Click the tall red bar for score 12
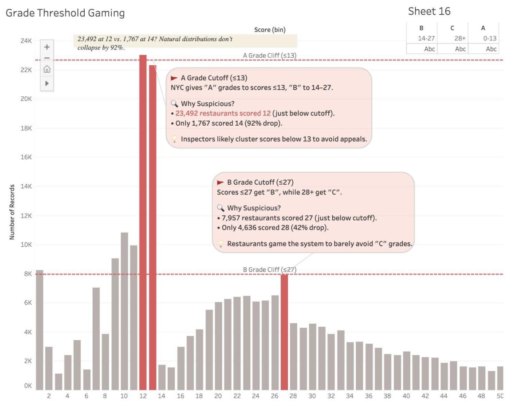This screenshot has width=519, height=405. click(143, 222)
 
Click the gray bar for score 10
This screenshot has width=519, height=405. click(124, 311)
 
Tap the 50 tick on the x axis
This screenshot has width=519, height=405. click(500, 396)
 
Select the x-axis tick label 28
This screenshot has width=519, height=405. click(294, 396)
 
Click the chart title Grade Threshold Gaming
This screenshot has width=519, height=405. click(65, 13)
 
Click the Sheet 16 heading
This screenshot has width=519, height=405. click(429, 12)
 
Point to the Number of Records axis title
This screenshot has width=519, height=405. click(12, 212)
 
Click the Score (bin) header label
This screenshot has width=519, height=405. click(270, 30)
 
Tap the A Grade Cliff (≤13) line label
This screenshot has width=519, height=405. click(270, 56)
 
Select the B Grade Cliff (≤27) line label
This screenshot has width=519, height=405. click(270, 270)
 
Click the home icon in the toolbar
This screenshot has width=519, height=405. click(47, 69)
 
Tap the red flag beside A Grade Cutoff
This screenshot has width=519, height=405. click(174, 78)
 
